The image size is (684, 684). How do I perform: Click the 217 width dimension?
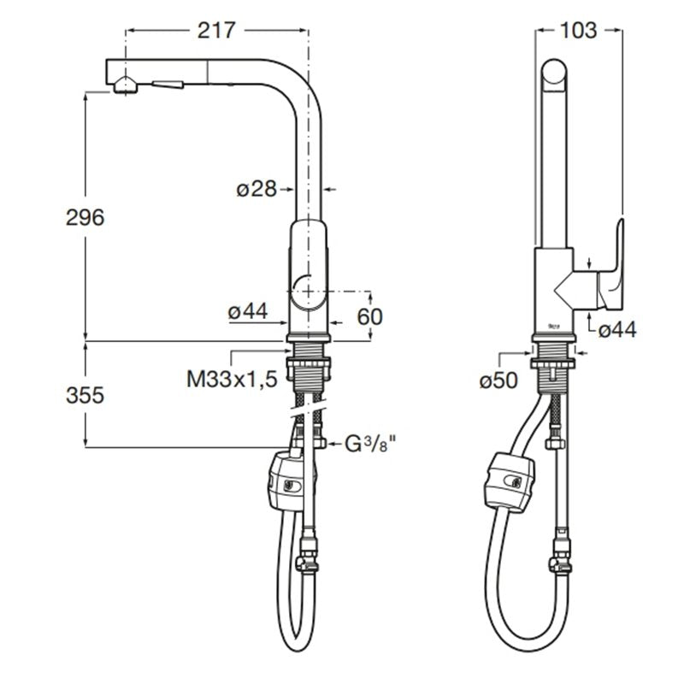[x=216, y=31]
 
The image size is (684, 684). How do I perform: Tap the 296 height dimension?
[x=85, y=217]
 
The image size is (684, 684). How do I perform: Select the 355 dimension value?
[x=85, y=395]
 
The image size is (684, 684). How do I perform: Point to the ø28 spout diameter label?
[x=256, y=189]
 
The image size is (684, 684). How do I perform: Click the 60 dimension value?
[x=369, y=316]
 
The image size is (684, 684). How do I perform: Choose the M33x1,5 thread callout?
[x=232, y=379]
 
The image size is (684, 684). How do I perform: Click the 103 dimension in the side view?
[x=578, y=31]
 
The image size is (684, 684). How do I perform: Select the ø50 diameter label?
[x=498, y=380]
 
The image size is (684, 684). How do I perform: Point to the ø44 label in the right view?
[x=617, y=330]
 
